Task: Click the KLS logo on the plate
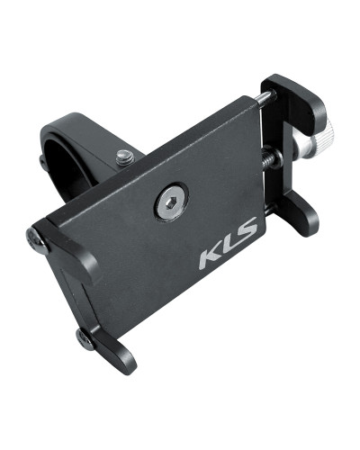coord(228,243)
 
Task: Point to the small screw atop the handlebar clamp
coord(125,157)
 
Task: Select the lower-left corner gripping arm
coord(108,349)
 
